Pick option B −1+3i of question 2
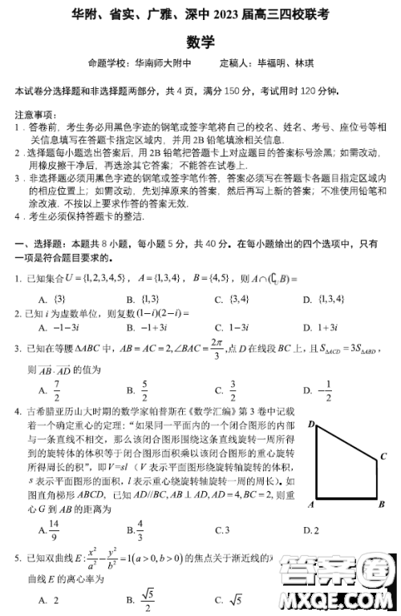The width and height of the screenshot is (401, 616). click(144, 328)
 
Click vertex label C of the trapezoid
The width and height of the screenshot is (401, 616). click(383, 455)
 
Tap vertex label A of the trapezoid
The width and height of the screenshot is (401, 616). click(310, 505)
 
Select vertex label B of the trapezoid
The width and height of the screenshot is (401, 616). click(382, 505)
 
